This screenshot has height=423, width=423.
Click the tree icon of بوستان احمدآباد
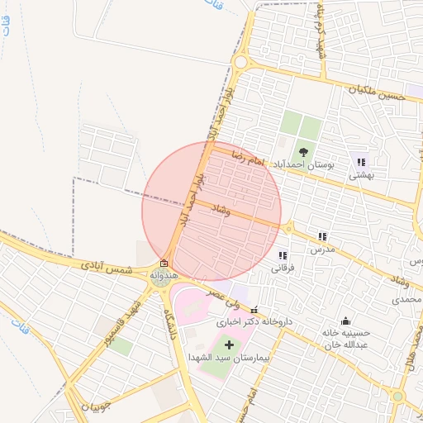[x=302, y=151]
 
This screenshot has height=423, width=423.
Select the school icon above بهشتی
[x=361, y=162]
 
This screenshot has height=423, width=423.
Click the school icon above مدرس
[x=322, y=236]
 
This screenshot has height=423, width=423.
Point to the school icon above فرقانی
[x=283, y=256]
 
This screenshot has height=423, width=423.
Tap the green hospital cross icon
[x=229, y=343]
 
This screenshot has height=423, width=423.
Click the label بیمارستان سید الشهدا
[x=224, y=357]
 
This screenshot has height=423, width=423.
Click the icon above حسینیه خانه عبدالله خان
[x=345, y=321]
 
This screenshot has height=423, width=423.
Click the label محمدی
[x=406, y=298]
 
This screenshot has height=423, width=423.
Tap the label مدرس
[x=322, y=250]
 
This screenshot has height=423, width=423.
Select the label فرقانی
[x=283, y=269]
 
